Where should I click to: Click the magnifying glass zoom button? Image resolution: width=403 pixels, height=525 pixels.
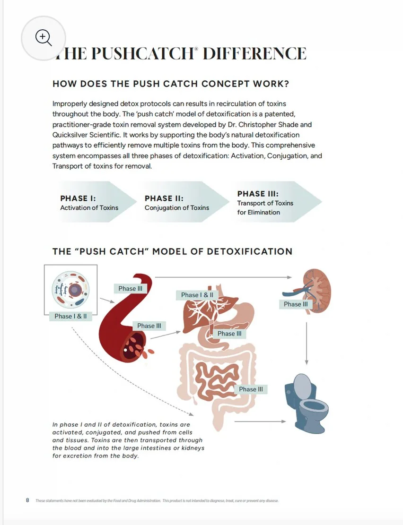[44, 38]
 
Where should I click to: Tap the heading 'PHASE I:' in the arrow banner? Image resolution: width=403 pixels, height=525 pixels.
[78, 198]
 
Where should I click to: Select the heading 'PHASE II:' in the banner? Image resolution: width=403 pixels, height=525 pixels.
[164, 198]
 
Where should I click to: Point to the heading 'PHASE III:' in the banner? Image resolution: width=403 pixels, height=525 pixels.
[258, 194]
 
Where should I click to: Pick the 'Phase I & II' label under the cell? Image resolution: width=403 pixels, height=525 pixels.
[70, 316]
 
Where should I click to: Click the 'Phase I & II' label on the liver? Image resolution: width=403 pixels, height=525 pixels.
[197, 295]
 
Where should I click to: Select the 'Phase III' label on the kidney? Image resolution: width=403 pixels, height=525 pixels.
[296, 304]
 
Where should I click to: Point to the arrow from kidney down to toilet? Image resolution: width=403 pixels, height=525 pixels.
[307, 343]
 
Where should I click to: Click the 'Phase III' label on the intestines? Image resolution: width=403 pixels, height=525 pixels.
[251, 389]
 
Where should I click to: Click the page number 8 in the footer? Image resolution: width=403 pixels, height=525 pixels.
[27, 500]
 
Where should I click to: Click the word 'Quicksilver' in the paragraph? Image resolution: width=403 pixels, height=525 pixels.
[70, 135]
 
